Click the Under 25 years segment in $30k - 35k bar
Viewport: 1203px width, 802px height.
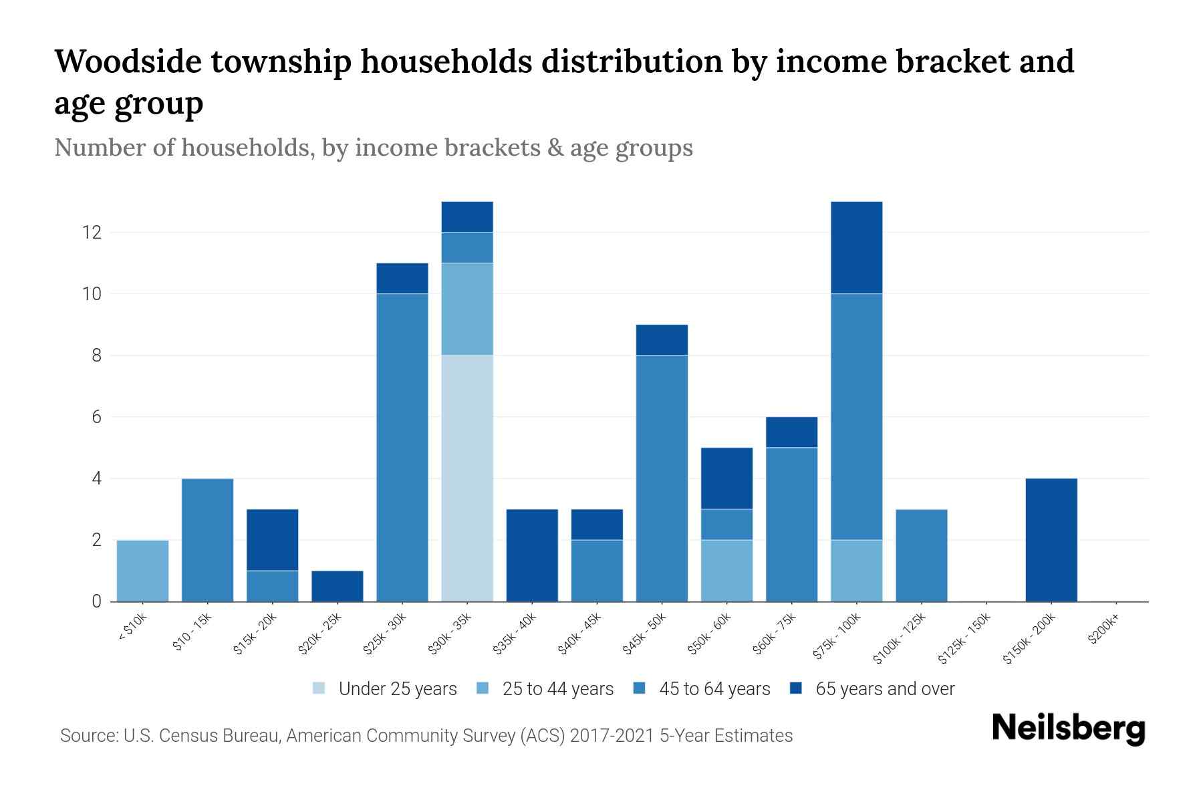coord(467,478)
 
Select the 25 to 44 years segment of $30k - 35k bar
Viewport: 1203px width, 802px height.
coord(467,309)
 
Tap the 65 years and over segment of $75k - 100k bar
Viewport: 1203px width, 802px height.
coord(856,247)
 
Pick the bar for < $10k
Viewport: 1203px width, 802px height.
coord(142,571)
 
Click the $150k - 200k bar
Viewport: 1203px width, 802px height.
coord(1051,540)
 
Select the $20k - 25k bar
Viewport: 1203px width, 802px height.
coord(338,586)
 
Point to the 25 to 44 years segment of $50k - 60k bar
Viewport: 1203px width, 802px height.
coord(726,571)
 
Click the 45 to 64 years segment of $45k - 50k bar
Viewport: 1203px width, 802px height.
coord(662,478)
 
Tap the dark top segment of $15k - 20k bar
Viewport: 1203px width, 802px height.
coord(273,540)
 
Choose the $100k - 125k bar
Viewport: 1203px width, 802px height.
coord(921,555)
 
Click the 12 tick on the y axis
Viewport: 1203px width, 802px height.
coord(91,233)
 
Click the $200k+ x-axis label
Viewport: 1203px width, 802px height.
coord(1103,629)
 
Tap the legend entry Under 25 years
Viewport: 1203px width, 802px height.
coord(398,689)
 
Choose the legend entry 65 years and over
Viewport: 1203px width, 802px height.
coord(884,689)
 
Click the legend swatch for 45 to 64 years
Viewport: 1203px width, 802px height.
coord(640,689)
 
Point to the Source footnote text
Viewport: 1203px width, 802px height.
coord(426,736)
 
